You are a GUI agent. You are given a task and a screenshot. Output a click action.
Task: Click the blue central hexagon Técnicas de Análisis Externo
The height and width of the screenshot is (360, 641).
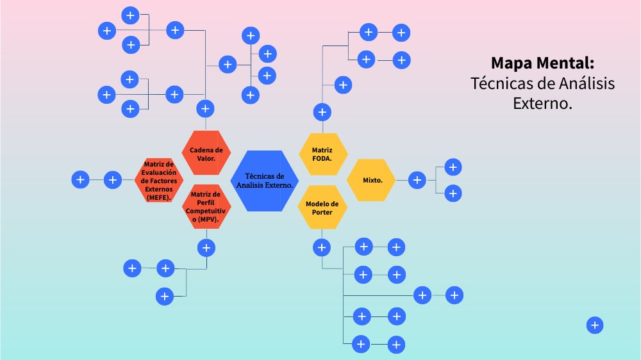click(x=264, y=180)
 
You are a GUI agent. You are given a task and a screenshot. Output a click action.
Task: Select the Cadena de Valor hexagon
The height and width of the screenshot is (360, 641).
click(x=206, y=153)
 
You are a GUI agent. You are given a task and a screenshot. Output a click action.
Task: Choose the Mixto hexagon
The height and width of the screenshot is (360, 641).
click(x=372, y=180)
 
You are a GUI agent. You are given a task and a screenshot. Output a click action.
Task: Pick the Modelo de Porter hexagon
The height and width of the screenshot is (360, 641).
click(x=322, y=207)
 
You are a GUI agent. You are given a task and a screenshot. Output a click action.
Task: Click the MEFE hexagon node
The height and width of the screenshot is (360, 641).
click(x=158, y=181)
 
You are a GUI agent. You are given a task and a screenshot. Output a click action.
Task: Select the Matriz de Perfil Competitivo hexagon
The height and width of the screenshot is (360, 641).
click(x=206, y=207)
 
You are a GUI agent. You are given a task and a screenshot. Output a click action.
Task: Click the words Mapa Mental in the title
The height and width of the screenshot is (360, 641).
click(x=542, y=63)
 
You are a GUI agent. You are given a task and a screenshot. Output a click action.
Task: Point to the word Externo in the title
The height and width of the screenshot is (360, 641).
click(x=542, y=102)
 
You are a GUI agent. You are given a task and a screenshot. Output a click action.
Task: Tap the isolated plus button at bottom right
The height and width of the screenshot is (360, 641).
click(x=595, y=325)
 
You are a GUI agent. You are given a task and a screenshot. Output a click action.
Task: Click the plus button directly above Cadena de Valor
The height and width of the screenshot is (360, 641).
click(x=205, y=109)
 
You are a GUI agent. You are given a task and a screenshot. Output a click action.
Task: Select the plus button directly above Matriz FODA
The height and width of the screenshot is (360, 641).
click(x=322, y=113)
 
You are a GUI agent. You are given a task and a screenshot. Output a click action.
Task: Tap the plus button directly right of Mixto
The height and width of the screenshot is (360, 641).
click(x=417, y=181)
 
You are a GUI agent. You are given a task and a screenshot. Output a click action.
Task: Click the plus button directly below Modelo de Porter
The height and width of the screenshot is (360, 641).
click(x=321, y=247)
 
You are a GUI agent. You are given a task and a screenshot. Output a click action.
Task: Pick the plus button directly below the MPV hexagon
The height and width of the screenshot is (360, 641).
click(x=206, y=247)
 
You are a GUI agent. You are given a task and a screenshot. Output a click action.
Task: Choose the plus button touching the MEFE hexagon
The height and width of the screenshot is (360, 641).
click(x=113, y=180)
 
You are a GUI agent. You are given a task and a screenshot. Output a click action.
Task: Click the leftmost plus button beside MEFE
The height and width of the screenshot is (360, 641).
click(x=80, y=180)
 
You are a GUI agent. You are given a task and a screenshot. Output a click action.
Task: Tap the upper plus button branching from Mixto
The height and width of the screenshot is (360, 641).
click(x=453, y=167)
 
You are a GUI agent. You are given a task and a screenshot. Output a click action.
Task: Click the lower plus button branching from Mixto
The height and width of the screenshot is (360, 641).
click(x=453, y=193)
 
